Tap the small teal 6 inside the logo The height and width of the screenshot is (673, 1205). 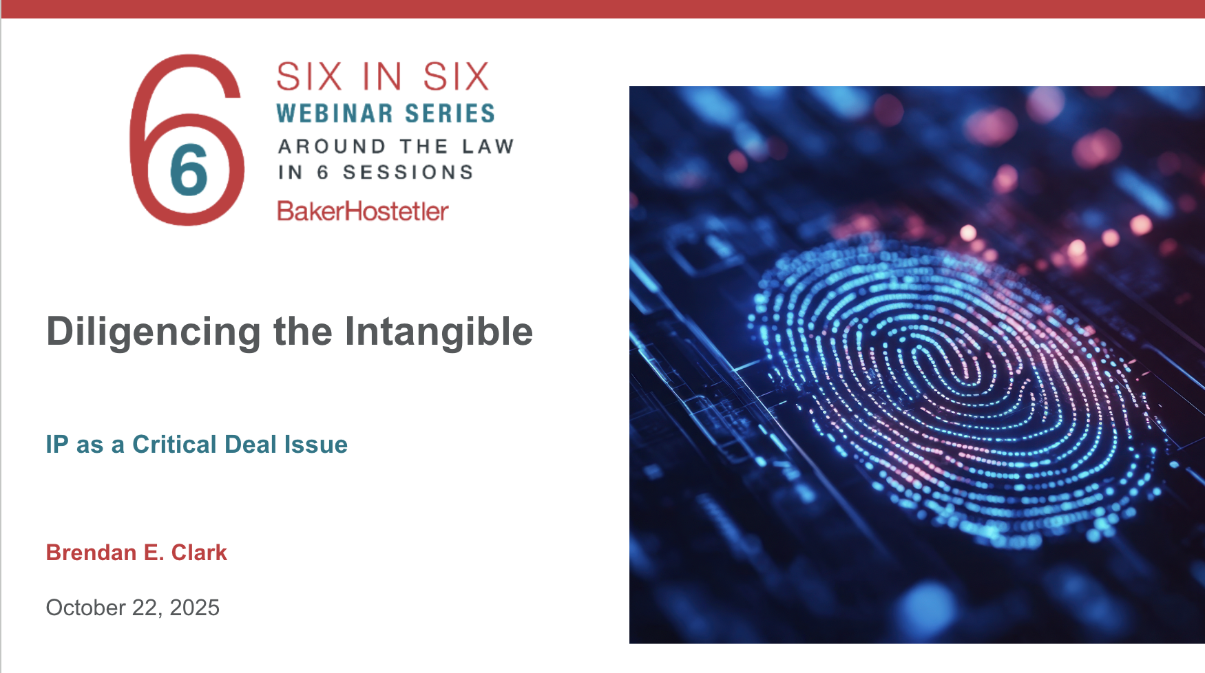click(x=189, y=169)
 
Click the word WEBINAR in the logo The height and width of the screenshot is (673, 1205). click(x=335, y=114)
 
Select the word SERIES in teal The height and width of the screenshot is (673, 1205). click(x=450, y=114)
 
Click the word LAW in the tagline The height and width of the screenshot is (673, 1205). click(x=488, y=147)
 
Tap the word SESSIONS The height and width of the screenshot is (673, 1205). click(x=408, y=172)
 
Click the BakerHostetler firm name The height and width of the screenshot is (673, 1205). click(x=363, y=211)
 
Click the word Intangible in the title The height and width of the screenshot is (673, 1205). click(x=439, y=331)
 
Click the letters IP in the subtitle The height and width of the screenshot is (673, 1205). click(x=57, y=445)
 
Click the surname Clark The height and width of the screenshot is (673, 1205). click(x=199, y=553)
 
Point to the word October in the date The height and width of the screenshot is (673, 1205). click(x=85, y=608)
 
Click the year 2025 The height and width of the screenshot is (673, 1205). click(x=194, y=608)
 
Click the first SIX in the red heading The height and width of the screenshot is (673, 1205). click(x=309, y=76)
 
